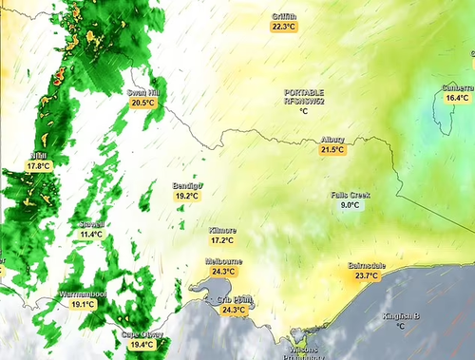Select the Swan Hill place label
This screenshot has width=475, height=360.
tap(142, 92)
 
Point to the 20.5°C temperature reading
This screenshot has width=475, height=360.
tap(142, 103)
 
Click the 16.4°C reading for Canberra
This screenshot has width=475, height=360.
tap(458, 98)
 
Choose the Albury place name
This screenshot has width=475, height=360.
tap(332, 140)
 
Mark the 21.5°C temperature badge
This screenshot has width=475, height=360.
tap(332, 150)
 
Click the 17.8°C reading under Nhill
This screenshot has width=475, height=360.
tap(38, 166)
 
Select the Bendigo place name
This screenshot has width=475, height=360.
tap(187, 185)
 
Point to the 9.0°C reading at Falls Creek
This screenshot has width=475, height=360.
tap(350, 205)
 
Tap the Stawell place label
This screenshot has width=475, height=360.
tap(92, 224)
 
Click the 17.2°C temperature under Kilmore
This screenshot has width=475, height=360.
tap(222, 241)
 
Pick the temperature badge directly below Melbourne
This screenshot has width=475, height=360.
tap(223, 272)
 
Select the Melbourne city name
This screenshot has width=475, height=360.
tap(223, 261)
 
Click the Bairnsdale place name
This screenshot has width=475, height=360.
tap(367, 265)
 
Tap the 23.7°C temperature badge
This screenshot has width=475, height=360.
tap(367, 275)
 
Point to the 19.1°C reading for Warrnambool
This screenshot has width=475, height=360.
tap(84, 305)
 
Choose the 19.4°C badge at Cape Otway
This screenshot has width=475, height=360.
tap(142, 345)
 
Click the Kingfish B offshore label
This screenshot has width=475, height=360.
tap(400, 315)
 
